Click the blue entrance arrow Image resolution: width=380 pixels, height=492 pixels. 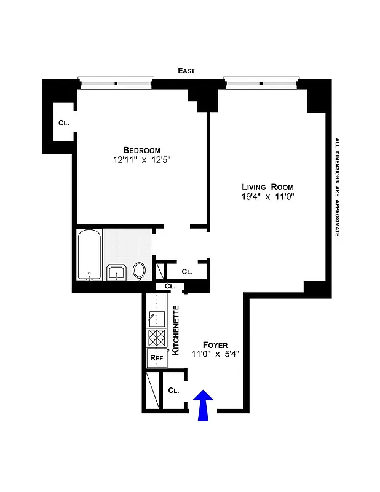[x=204, y=407]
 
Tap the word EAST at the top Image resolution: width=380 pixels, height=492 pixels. [x=186, y=71]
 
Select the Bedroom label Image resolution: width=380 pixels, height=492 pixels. [x=141, y=150]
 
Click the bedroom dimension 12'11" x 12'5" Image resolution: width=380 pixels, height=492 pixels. [x=142, y=161]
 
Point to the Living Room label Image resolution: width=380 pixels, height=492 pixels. [x=267, y=187]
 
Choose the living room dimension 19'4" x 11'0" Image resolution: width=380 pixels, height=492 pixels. [x=267, y=197]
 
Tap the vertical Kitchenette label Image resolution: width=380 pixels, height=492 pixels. [x=175, y=330]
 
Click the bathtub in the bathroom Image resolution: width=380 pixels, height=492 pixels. [x=90, y=255]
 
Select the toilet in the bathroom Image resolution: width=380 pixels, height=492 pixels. [x=140, y=271]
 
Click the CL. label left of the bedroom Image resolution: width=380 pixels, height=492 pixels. [x=63, y=123]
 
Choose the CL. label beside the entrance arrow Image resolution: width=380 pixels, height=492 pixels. [x=173, y=390]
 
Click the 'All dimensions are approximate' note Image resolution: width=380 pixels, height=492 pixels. [x=337, y=187]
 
